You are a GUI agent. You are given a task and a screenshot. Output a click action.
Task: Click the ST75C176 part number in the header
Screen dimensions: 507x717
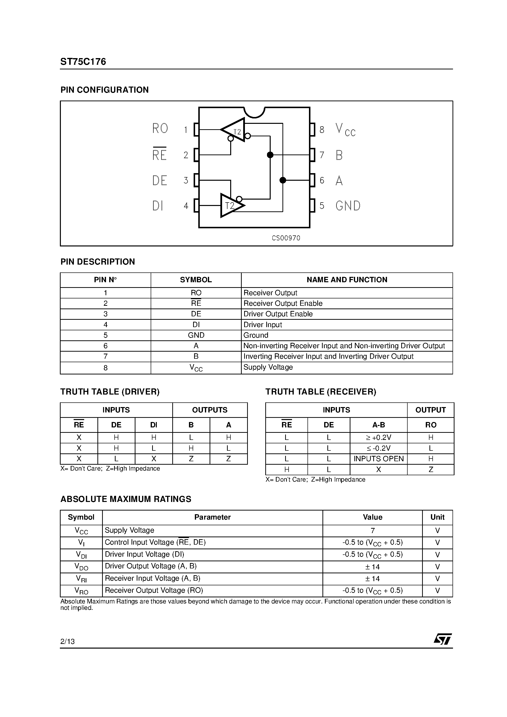(x=83, y=62)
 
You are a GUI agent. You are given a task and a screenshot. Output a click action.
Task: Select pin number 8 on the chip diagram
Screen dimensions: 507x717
(x=322, y=130)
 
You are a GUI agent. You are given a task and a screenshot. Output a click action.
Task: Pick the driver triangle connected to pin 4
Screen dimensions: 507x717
(x=231, y=205)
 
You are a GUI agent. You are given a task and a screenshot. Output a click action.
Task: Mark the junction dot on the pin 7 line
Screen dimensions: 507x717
(x=270, y=155)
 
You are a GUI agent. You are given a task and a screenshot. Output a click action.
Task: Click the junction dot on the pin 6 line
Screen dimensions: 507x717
(x=282, y=180)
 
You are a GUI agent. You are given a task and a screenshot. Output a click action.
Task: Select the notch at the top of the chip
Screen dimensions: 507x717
(x=254, y=112)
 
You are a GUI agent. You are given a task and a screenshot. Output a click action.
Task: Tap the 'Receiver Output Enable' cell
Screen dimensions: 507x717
(x=283, y=303)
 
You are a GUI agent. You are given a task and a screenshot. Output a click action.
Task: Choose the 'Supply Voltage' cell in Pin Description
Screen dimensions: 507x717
(x=268, y=367)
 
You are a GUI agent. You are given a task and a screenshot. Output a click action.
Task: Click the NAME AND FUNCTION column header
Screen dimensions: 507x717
(x=347, y=280)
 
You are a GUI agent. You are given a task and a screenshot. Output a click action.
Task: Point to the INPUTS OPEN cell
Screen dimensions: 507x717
(x=378, y=459)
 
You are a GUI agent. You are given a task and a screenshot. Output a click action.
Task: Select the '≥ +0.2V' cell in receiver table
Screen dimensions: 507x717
(x=378, y=437)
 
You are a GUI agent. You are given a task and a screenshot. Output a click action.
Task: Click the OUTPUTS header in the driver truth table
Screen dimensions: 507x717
(x=210, y=410)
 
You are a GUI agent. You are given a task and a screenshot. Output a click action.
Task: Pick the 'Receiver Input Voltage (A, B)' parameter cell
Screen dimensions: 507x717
(x=153, y=578)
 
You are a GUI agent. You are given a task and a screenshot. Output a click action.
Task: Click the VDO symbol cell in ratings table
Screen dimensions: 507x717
(x=81, y=566)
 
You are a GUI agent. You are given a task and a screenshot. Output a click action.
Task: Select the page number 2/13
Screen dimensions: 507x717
(x=67, y=641)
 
